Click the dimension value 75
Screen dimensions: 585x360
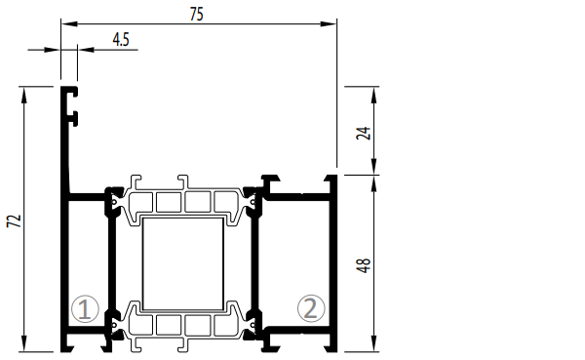point(197,15)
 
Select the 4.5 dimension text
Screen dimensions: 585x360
point(121,40)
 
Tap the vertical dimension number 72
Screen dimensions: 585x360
point(15,221)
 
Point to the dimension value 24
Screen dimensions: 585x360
point(364,134)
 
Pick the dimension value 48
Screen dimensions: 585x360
point(364,265)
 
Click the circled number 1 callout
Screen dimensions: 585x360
point(85,309)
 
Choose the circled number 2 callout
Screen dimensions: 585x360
point(311,308)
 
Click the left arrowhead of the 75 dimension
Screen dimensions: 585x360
point(69,23)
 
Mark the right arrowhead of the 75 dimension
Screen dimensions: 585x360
point(329,23)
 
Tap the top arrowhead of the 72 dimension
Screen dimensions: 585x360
point(24,95)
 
